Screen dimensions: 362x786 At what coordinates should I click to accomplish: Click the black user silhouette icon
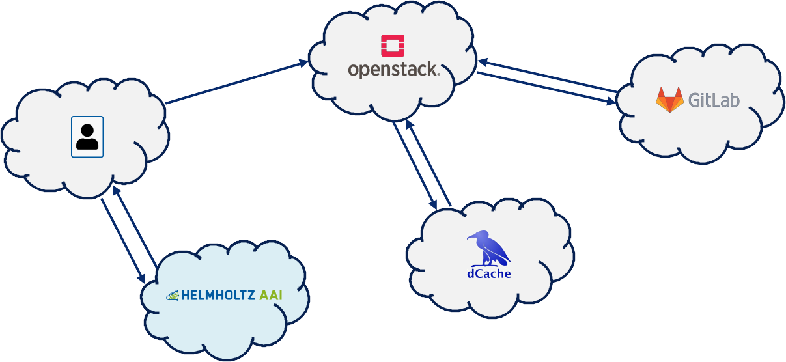point(87,137)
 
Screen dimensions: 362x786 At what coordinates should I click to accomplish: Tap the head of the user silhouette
point(87,130)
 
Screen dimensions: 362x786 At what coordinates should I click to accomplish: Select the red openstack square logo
point(393,46)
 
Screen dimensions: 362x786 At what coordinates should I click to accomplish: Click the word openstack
point(393,70)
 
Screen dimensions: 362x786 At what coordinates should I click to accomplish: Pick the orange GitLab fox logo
point(669,100)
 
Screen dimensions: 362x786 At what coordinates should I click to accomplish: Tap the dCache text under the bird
point(488,273)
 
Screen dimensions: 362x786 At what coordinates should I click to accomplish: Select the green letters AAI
point(272,295)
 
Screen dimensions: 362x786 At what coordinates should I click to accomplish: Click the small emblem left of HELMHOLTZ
point(173,296)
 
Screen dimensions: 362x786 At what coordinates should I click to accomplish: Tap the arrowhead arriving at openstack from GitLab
point(483,62)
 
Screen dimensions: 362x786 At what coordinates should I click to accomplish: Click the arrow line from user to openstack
point(234,83)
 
